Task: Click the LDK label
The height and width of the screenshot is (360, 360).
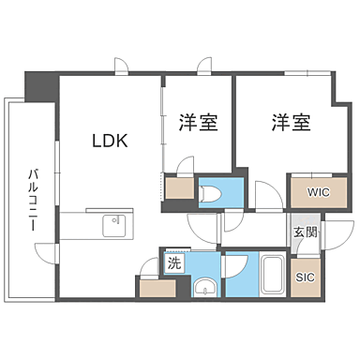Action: (109, 142)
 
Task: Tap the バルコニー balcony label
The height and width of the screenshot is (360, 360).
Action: (33, 200)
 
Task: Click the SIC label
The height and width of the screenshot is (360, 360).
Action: (305, 277)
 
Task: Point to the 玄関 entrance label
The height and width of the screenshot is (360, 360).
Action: (304, 232)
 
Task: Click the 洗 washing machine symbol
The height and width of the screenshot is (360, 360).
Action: (172, 263)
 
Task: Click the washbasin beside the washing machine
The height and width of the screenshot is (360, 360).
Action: (203, 286)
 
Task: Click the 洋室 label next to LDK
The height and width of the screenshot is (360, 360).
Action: (198, 122)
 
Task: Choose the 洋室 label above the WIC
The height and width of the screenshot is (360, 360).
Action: (292, 122)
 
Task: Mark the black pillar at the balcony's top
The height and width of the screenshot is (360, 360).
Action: (40, 88)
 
